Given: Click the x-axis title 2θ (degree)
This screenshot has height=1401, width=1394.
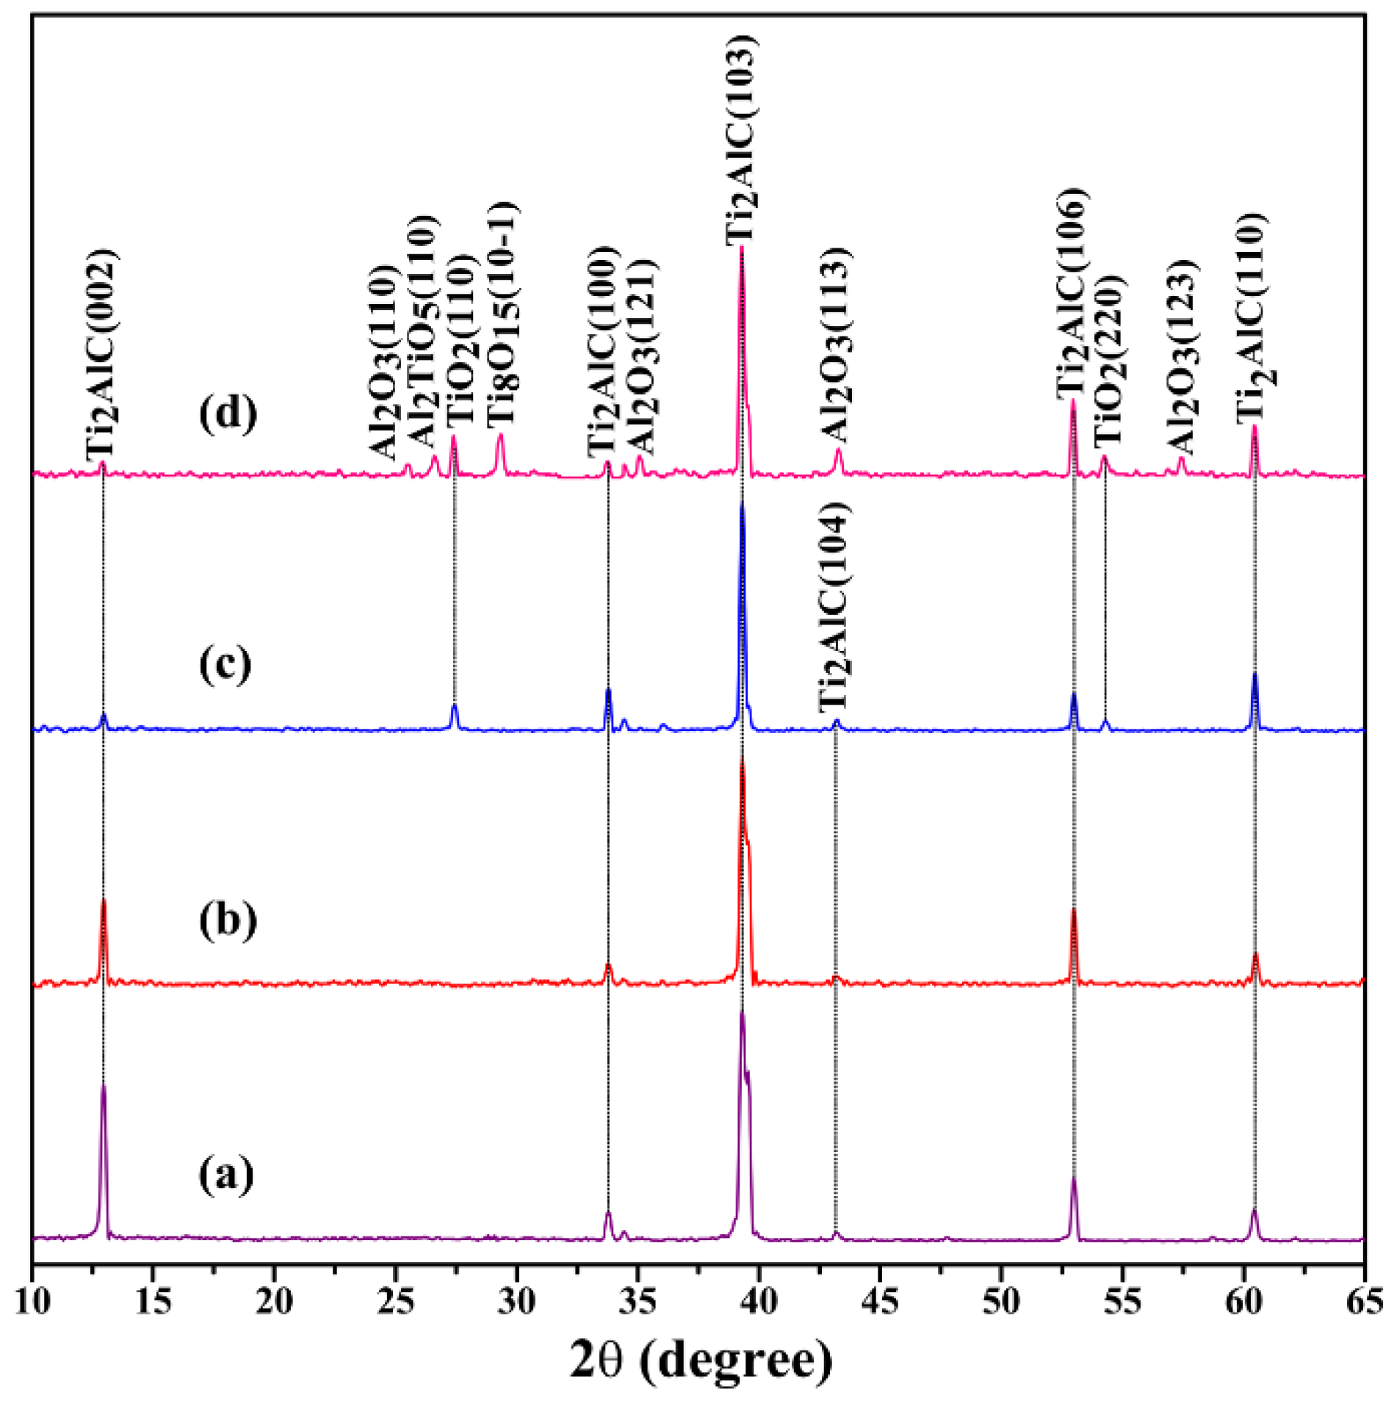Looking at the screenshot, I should [701, 1360].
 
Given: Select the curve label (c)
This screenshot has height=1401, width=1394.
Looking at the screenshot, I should [225, 665].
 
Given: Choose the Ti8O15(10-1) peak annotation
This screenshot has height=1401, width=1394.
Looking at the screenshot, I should [502, 314].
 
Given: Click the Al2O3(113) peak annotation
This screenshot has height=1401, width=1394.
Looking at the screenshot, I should [835, 345].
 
